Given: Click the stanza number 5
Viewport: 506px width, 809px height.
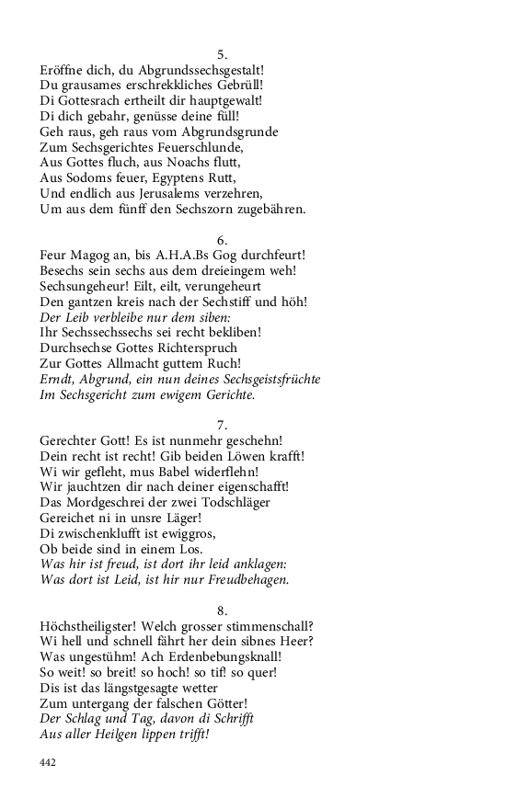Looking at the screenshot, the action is point(222,53).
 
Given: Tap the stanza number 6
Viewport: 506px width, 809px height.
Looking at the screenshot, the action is point(222,239).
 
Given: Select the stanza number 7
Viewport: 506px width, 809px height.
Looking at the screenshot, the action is point(222,425).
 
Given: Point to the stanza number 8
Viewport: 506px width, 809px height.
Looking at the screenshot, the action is point(222,610).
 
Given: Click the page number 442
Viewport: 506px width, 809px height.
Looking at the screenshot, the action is point(49,761).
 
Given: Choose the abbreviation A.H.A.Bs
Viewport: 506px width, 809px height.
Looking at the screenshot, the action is point(186,255).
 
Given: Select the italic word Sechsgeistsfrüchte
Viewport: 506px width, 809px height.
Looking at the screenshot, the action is point(256,379).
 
